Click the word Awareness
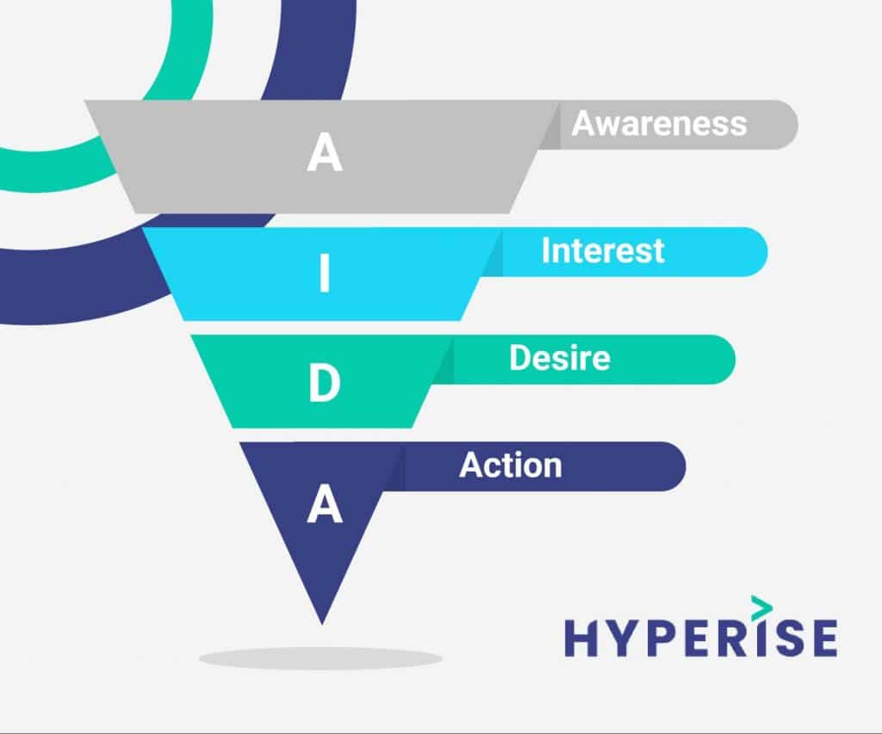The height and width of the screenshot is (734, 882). tap(659, 124)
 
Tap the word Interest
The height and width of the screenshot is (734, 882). tap(603, 250)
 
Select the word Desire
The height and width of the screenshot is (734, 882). tap(559, 358)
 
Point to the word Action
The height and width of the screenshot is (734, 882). tap(510, 466)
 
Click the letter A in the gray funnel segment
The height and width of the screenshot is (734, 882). tap(325, 154)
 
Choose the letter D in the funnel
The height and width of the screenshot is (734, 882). tap(325, 386)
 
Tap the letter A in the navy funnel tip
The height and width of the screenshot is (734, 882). tap(325, 504)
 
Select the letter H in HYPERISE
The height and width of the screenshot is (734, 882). tap(581, 638)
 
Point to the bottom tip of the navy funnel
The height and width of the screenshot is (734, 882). tap(322, 620)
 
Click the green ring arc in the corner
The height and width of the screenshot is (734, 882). tap(185, 69)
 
